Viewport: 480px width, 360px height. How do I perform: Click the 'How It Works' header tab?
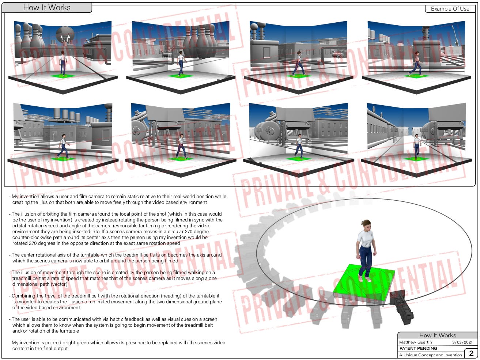[x=47, y=8]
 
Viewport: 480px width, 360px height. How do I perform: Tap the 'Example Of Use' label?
[x=450, y=9]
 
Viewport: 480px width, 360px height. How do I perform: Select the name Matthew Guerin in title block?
[x=415, y=342]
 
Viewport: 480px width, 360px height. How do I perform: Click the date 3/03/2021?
[x=462, y=342]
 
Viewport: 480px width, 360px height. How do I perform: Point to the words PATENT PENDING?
[x=418, y=348]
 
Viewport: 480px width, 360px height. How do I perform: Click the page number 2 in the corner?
[x=471, y=353]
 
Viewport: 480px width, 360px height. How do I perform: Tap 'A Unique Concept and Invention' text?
[x=430, y=355]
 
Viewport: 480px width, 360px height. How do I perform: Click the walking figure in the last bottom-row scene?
[x=417, y=147]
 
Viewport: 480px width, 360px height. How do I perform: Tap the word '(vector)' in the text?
[x=59, y=284]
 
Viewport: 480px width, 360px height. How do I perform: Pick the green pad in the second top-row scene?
[x=180, y=76]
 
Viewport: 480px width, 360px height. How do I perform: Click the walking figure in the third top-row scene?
[x=299, y=64]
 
